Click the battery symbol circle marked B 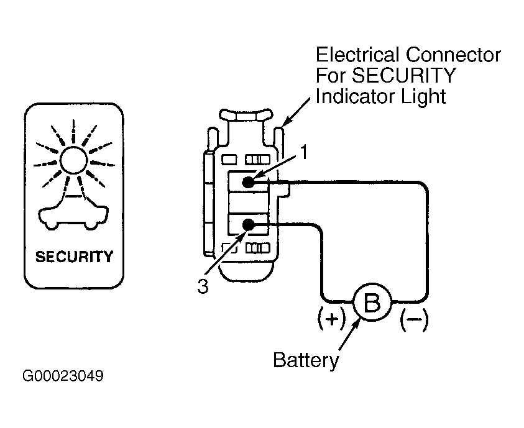pyautogui.click(x=372, y=302)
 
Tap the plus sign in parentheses pyautogui.click(x=332, y=319)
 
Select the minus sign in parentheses pyautogui.click(x=415, y=319)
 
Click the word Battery pyautogui.click(x=306, y=360)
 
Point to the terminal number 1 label pyautogui.click(x=303, y=153)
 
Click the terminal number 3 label pyautogui.click(x=203, y=286)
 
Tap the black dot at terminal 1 pyautogui.click(x=248, y=182)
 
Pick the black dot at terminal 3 pyautogui.click(x=248, y=225)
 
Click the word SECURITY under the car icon pyautogui.click(x=74, y=257)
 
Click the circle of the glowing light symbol pyautogui.click(x=74, y=160)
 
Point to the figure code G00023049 pyautogui.click(x=63, y=376)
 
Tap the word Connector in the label pyautogui.click(x=454, y=55)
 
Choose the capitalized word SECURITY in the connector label pyautogui.click(x=403, y=76)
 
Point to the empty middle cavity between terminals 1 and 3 pyautogui.click(x=248, y=203)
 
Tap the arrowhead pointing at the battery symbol pyautogui.click(x=357, y=324)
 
